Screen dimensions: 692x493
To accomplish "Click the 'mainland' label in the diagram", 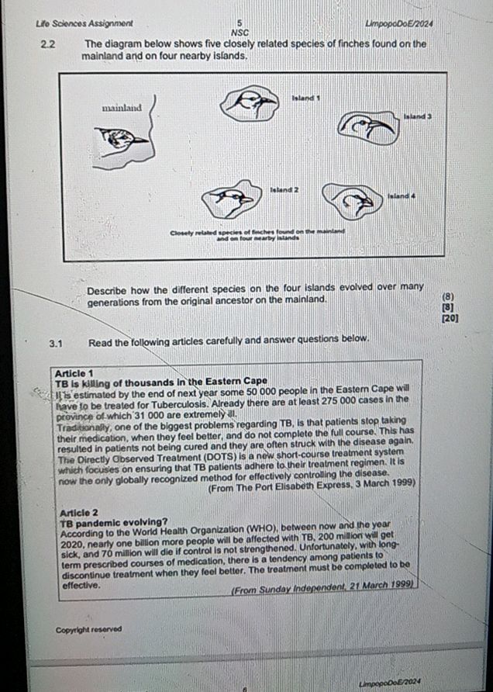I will tap(122, 108).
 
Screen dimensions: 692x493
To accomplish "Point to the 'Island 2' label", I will tap(284, 189).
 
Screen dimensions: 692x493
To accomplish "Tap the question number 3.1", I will tap(56, 340).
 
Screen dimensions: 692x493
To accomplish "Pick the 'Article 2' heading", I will tap(78, 513).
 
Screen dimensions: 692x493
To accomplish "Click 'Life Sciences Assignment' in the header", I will tap(84, 23).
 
